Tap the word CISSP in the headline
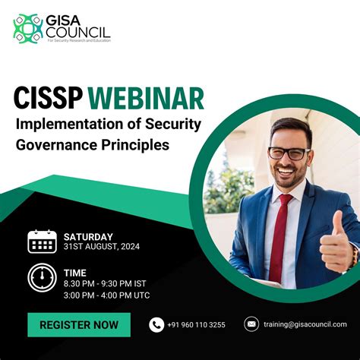click(x=46, y=99)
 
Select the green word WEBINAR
click(x=145, y=99)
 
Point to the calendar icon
click(x=42, y=241)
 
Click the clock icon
click(x=42, y=278)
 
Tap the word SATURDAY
click(x=88, y=236)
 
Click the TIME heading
click(x=74, y=272)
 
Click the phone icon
click(x=156, y=325)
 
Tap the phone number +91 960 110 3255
click(x=196, y=325)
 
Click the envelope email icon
click(x=251, y=324)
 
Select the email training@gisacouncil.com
click(x=305, y=324)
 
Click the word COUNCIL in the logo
click(x=77, y=32)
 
